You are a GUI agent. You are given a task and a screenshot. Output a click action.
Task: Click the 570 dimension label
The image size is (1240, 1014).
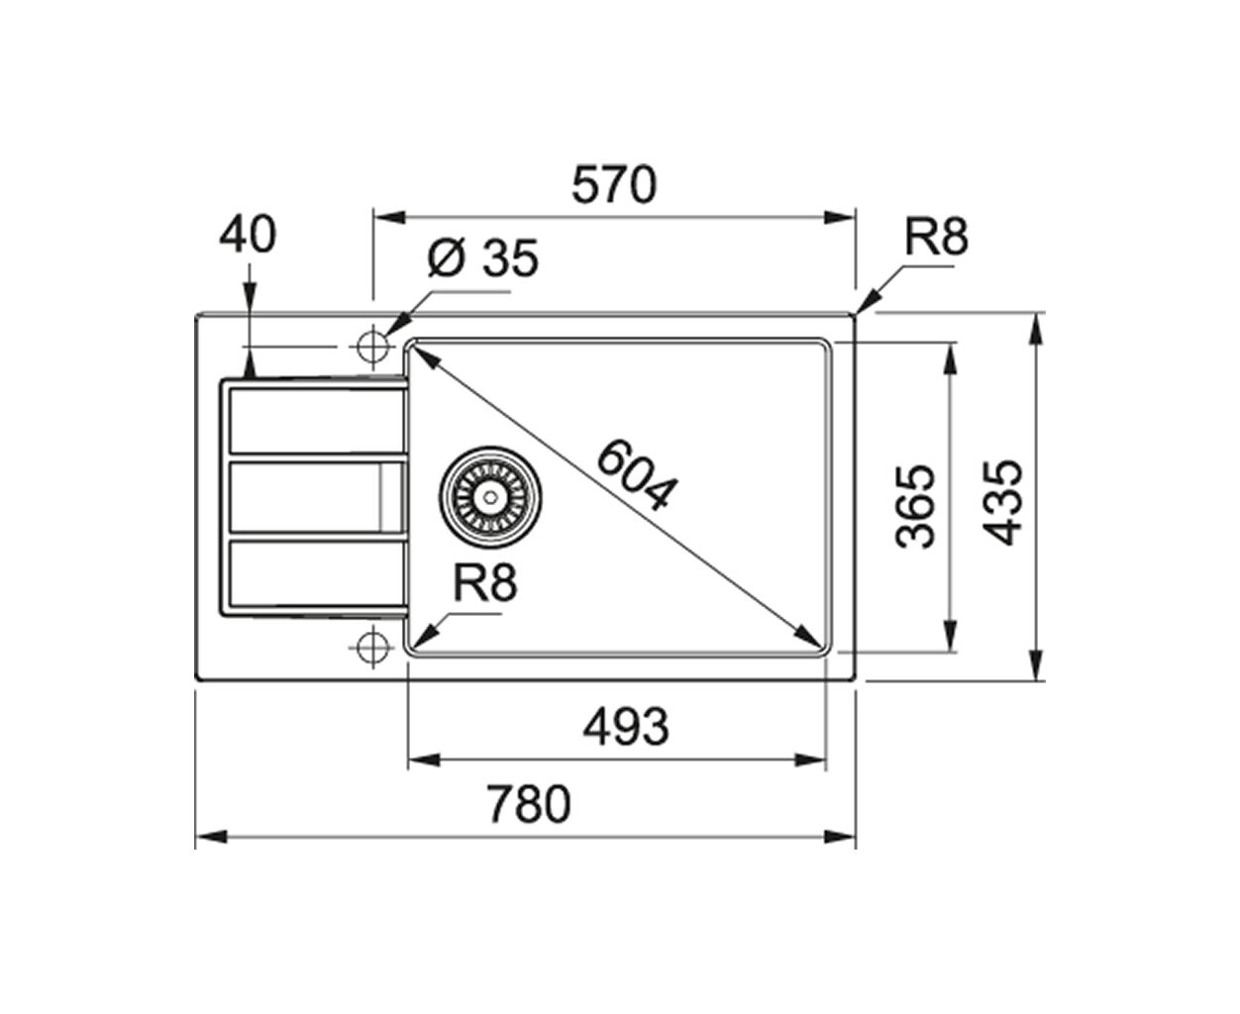pyautogui.click(x=614, y=185)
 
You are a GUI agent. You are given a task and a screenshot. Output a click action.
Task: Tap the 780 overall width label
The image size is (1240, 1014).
pyautogui.click(x=529, y=805)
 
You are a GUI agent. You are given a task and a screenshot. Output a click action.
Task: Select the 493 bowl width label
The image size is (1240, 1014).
pyautogui.click(x=626, y=727)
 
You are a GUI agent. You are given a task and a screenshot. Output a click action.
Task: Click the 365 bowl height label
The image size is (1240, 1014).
pyautogui.click(x=915, y=506)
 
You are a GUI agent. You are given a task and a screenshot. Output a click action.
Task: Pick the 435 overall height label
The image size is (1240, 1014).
pyautogui.click(x=1003, y=503)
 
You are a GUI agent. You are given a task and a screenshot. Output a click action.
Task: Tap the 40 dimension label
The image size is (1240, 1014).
pyautogui.click(x=248, y=234)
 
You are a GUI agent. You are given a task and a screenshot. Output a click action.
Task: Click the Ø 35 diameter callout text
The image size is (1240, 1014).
pyautogui.click(x=482, y=257)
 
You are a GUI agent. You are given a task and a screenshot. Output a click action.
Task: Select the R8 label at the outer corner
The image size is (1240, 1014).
pyautogui.click(x=936, y=237)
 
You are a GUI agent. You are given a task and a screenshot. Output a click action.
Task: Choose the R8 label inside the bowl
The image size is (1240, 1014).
pyautogui.click(x=485, y=583)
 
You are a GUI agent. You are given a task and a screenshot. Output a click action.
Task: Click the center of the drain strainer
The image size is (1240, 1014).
pyautogui.click(x=490, y=497)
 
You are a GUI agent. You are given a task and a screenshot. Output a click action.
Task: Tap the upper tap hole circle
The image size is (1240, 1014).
pyautogui.click(x=372, y=347)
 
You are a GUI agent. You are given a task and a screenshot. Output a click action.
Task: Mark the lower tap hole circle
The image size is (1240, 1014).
pyautogui.click(x=372, y=648)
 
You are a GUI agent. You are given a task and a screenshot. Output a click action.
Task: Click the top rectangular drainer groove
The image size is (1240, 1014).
pyautogui.click(x=316, y=421)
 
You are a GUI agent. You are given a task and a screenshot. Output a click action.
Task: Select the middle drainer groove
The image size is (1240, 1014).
pyautogui.click(x=316, y=497)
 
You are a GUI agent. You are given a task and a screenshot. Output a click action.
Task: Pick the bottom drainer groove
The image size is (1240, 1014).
pyautogui.click(x=316, y=573)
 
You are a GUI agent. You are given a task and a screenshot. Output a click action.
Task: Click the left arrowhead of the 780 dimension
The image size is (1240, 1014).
pyautogui.click(x=211, y=837)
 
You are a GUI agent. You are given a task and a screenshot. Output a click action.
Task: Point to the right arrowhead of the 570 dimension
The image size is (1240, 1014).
pyautogui.click(x=839, y=218)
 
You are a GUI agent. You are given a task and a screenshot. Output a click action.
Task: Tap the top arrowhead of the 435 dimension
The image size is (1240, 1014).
pyautogui.click(x=1037, y=329)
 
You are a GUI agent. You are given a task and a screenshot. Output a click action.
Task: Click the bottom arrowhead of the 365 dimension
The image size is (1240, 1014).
pyautogui.click(x=950, y=636)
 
